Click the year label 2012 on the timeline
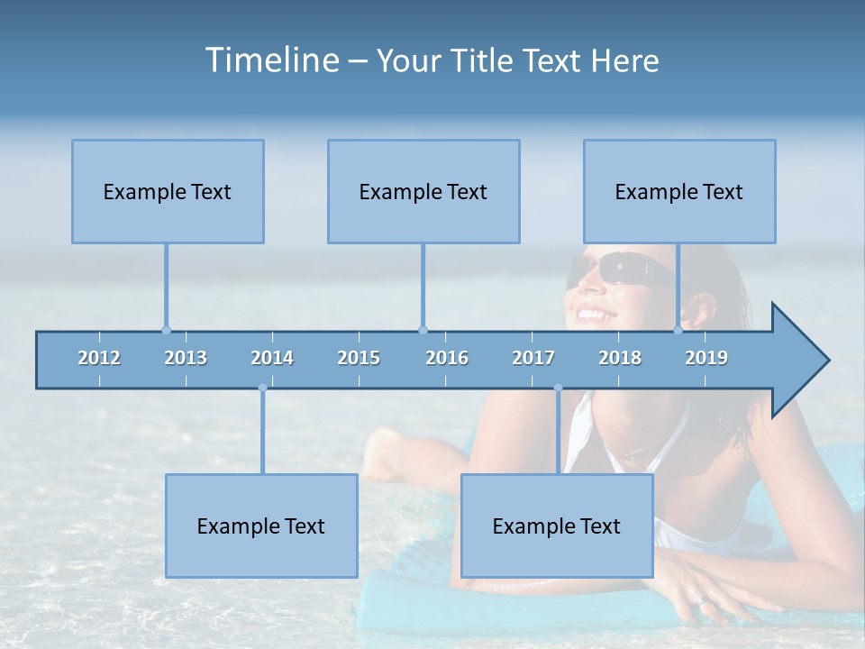coord(99,358)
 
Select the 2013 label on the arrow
coord(186,358)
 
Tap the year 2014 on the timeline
coord(272,358)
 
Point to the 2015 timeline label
coord(359,358)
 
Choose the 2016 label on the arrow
coord(447,358)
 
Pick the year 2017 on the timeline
coord(533,358)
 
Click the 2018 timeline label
coord(620,358)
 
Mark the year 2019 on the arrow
coord(706,358)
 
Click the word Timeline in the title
coord(269,60)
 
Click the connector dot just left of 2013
coord(166,330)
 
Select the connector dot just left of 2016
coord(423,330)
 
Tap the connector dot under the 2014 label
coord(262,388)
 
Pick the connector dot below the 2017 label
coord(558,388)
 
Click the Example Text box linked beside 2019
coord(679,191)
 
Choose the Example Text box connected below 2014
coord(261,526)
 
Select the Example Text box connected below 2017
coord(557,526)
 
